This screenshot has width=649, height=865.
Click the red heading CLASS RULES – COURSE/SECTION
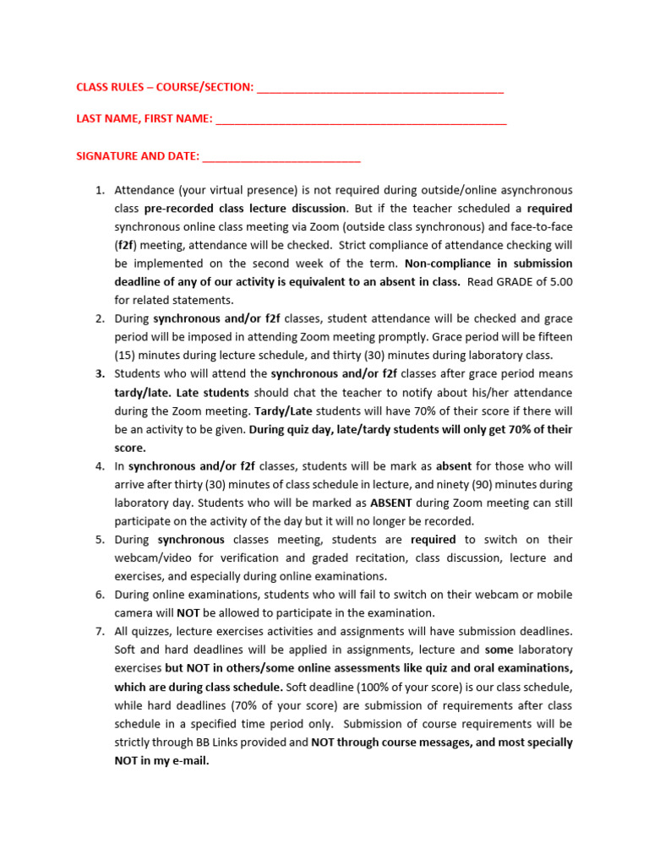click(165, 87)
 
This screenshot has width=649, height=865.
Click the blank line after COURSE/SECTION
click(379, 90)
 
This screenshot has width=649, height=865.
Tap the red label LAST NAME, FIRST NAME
click(145, 119)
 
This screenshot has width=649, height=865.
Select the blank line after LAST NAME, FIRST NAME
click(361, 122)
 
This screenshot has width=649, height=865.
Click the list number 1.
click(98, 190)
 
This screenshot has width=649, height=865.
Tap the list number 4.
click(98, 465)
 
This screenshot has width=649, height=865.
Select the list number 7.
click(98, 631)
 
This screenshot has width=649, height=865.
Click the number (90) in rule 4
click(461, 484)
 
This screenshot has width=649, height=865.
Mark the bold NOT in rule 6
click(188, 612)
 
